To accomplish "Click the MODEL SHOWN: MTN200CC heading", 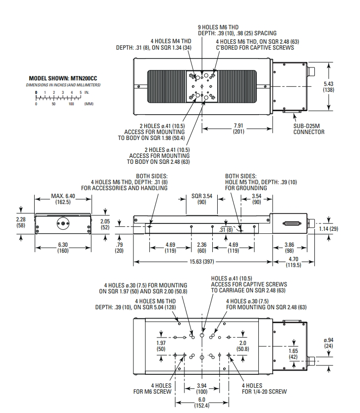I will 65,78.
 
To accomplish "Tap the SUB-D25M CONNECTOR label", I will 308,129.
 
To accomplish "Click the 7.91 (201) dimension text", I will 238,129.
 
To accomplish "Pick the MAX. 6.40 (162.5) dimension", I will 63,200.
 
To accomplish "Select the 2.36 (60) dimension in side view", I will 202,247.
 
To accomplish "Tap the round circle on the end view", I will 62,223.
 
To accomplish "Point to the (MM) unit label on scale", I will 89,104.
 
